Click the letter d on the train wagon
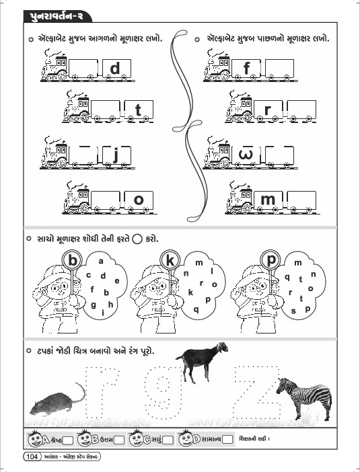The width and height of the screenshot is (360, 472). (115, 69)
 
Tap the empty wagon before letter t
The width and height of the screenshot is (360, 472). (106, 110)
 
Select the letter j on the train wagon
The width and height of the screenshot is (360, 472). (116, 155)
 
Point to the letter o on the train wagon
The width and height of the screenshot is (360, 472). (139, 200)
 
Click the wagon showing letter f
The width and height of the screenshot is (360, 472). (246, 69)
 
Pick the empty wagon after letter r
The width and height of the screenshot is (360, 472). (301, 110)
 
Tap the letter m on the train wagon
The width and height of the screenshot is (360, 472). (268, 200)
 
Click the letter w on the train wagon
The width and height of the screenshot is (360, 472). (246, 155)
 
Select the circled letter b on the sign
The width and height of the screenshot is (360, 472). (72, 260)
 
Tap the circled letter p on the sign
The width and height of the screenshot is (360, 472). (271, 260)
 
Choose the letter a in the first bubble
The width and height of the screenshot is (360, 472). (101, 262)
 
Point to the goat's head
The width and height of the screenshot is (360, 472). (222, 347)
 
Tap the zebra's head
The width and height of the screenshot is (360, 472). (283, 386)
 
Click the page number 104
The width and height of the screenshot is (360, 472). (32, 457)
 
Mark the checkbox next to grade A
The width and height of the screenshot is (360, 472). (68, 440)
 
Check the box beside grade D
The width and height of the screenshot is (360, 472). (227, 440)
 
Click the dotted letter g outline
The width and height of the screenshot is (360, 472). (163, 391)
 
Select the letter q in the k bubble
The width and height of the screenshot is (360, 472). (196, 309)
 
